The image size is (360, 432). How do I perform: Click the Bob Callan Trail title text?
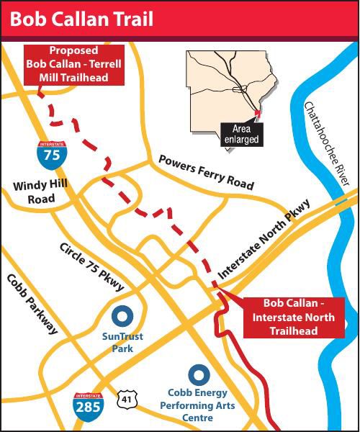tap(81, 19)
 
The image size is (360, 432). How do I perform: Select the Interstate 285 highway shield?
tap(87, 406)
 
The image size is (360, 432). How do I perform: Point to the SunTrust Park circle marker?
tap(122, 315)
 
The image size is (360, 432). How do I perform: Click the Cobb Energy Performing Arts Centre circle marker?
tap(198, 374)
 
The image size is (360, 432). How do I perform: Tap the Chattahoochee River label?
tap(328, 144)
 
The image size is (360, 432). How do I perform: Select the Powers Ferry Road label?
tap(206, 171)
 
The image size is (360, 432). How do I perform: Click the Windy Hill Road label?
tap(40, 192)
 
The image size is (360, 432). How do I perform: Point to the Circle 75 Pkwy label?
tap(91, 266)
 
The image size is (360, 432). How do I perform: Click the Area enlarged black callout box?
tap(240, 134)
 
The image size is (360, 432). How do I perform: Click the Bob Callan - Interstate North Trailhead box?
tap(294, 317)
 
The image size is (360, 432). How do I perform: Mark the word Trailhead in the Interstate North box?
tap(294, 330)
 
